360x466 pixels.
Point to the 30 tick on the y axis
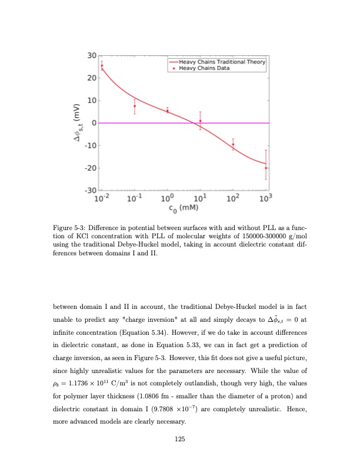[x=91, y=55]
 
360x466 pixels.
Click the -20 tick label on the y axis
[x=90, y=168]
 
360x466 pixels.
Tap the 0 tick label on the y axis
[x=93, y=123]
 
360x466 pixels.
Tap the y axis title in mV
[x=75, y=124]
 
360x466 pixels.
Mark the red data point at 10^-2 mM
[x=102, y=65]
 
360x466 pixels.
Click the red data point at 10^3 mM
[x=266, y=168]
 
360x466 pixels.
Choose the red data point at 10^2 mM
[x=233, y=144]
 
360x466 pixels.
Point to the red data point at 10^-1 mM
[x=135, y=106]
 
